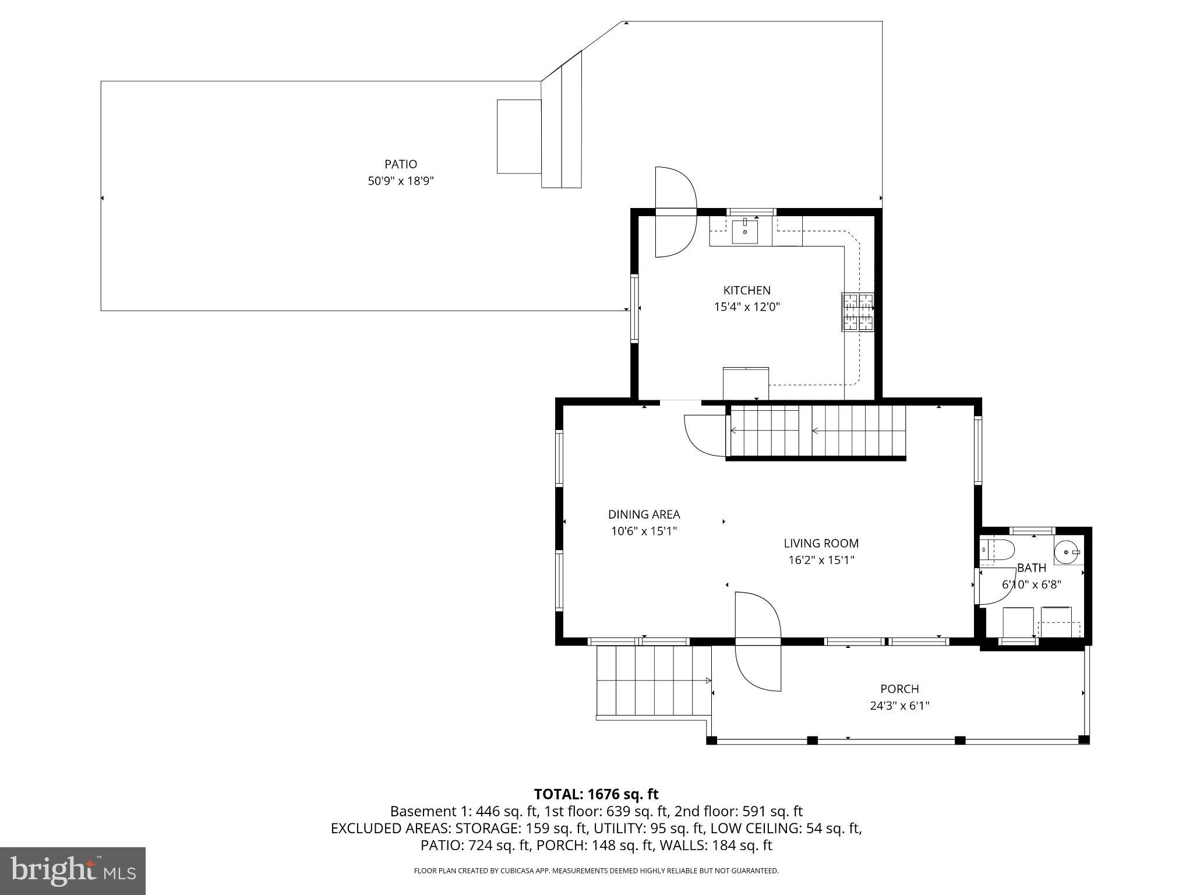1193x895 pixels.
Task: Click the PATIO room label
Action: pos(400,164)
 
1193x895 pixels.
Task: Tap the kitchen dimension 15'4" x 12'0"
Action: pos(747,306)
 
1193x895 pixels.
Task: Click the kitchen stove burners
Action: pos(857,312)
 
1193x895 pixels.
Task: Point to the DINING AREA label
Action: pos(644,515)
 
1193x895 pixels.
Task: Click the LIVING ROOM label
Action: pos(821,544)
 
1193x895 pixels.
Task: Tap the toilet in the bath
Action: pos(998,550)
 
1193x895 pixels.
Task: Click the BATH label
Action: pos(1032,568)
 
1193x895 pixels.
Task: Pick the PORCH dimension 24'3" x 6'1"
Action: pos(899,706)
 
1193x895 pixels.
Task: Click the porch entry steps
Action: pos(652,681)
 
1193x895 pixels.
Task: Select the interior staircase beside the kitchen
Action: pos(816,432)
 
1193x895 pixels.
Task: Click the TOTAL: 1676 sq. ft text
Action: pos(596,794)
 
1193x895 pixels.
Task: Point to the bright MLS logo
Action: pos(72,871)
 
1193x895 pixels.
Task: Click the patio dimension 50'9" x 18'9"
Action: pos(400,181)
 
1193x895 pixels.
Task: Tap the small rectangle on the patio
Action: pos(518,136)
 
